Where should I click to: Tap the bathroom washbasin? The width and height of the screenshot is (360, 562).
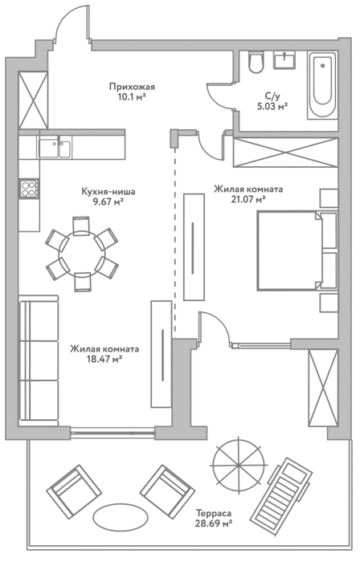284,59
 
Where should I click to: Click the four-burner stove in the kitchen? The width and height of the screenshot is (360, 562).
30,189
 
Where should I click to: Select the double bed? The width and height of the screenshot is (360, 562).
297,250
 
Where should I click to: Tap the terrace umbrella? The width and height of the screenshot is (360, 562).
238,465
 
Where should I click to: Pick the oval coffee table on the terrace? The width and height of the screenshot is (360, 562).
120,518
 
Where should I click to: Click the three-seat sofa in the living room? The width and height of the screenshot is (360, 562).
39,361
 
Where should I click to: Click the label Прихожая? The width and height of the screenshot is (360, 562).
132,87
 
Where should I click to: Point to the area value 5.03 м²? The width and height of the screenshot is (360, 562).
273,107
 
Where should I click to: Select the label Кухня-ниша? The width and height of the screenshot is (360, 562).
108,192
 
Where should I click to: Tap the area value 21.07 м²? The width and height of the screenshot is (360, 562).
248,199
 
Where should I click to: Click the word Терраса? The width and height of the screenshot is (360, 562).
213,514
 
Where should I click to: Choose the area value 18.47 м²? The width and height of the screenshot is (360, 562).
104,359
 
